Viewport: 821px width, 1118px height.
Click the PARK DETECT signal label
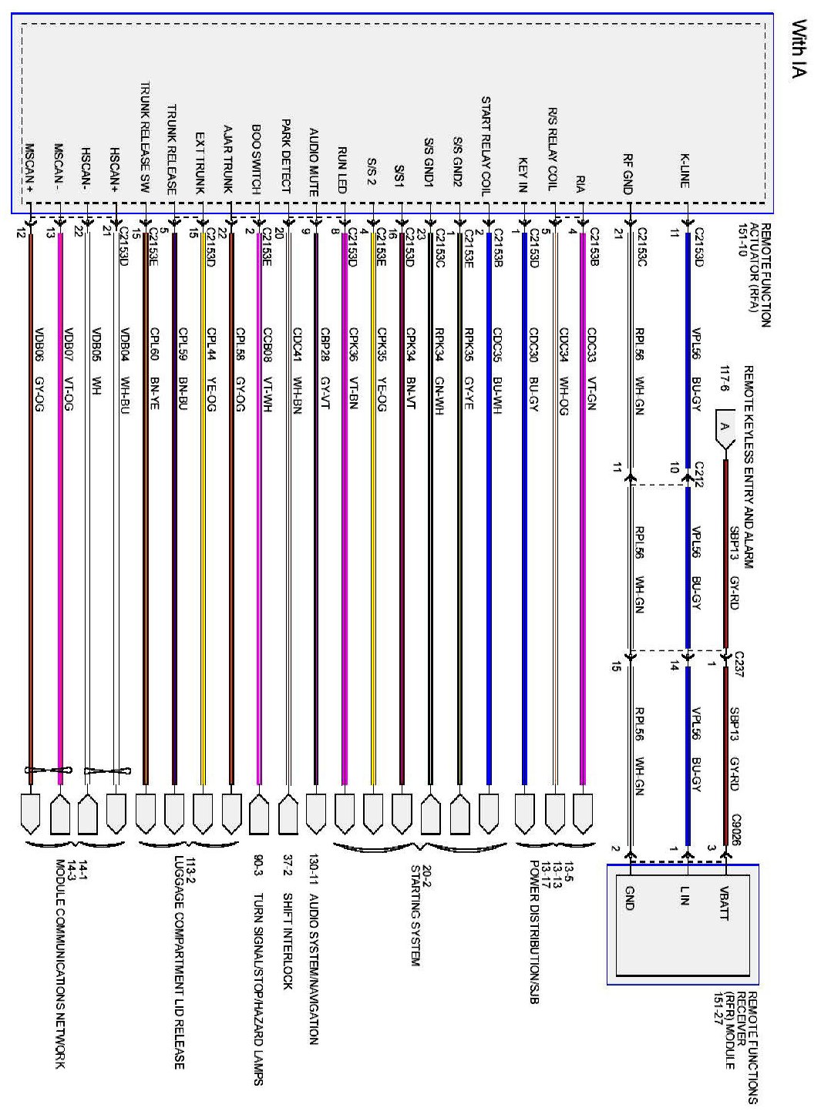(x=285, y=155)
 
